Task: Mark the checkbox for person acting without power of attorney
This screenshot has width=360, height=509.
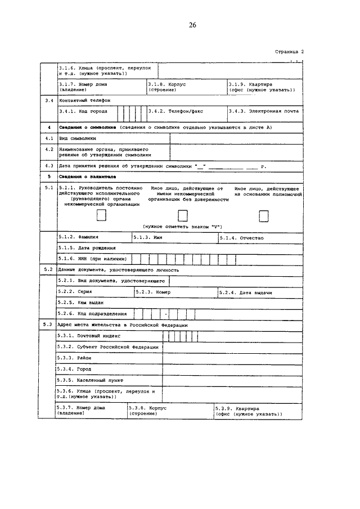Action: point(183,215)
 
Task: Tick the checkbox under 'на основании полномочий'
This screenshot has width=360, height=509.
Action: point(263,215)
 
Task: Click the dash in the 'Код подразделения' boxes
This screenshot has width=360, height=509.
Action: point(166,314)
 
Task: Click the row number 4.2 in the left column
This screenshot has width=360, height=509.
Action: point(49,150)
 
